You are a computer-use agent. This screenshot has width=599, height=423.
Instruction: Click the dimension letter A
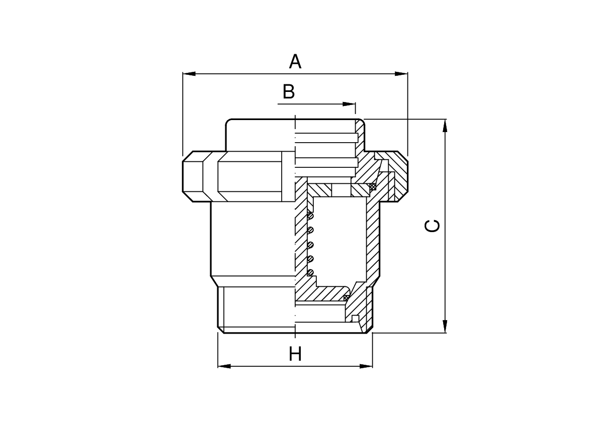pos(295,61)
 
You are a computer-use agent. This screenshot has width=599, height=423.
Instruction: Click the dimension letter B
pos(288,92)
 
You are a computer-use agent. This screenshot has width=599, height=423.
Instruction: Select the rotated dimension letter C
pos(432,226)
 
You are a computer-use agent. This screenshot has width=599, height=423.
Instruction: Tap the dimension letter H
pos(295,355)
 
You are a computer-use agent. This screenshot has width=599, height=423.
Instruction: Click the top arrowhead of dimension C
pos(445,125)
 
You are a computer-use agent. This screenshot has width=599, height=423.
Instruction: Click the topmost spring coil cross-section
pos(311,216)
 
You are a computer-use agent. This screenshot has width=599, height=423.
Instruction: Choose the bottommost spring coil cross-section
pos(311,273)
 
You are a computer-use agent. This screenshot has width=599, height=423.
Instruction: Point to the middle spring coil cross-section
pos(311,245)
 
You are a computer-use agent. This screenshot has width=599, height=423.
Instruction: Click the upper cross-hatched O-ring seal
pos(373,187)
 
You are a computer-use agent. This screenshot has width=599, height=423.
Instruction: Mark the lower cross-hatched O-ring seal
pos(347,298)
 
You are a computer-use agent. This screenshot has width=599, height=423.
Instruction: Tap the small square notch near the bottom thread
pos(356,318)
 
